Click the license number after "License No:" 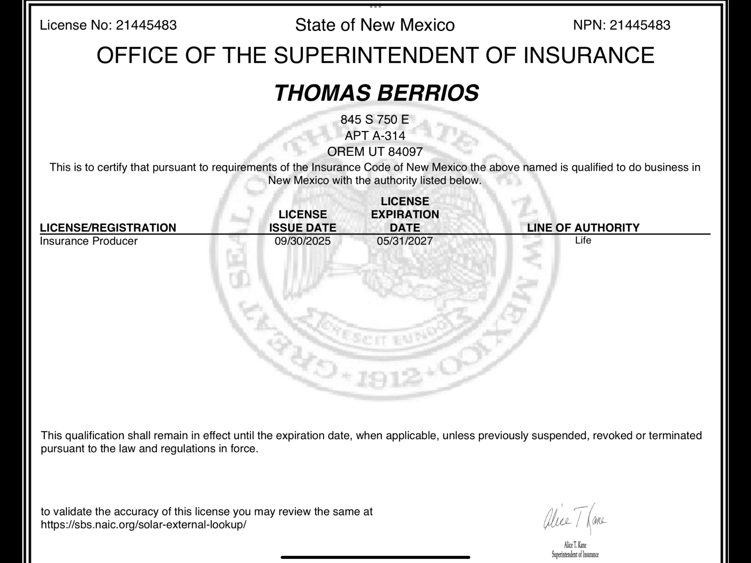146,25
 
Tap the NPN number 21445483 640,25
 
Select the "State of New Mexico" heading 375,25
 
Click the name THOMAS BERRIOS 376,93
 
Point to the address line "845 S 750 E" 375,120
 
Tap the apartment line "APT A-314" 375,136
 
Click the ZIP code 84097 405,151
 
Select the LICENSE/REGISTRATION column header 108,228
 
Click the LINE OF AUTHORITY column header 583,228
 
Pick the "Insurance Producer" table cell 89,241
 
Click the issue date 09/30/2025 302,241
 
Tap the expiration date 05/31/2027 405,241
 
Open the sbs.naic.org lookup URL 143,525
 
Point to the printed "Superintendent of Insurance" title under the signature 575,555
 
